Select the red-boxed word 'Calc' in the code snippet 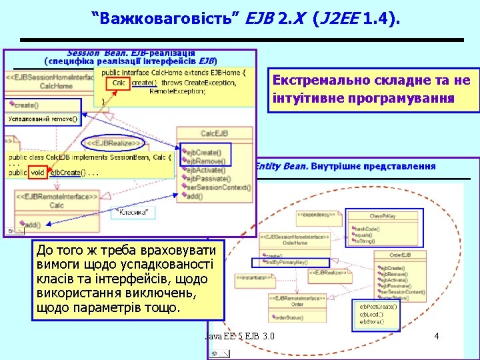119,83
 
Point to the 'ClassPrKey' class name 383,217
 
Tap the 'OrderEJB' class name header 400,255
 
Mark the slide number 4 436,336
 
